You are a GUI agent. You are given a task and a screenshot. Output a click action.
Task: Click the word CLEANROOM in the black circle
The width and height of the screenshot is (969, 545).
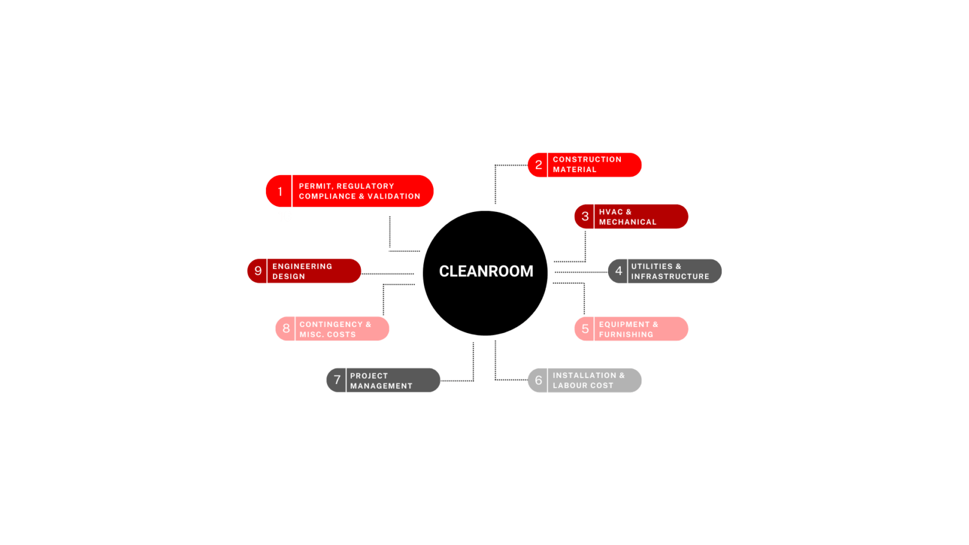coord(486,271)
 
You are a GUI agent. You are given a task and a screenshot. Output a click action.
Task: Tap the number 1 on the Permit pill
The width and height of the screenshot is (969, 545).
coord(280,191)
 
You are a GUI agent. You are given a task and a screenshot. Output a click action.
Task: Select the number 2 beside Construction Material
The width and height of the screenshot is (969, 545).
coord(538,165)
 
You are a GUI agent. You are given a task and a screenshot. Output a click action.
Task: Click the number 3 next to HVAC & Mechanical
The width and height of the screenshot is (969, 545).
coord(585,216)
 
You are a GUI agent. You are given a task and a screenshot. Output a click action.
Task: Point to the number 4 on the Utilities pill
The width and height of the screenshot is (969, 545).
coord(618,271)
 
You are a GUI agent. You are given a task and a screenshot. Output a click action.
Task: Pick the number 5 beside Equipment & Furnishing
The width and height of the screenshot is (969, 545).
coord(585,329)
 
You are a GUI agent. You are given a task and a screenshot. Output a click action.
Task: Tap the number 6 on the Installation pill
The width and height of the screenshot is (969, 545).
coord(538,380)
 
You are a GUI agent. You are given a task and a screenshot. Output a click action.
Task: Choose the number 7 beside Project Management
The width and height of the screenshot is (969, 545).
coord(337,380)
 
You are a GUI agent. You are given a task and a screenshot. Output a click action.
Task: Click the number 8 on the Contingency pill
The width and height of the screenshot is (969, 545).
coord(286,329)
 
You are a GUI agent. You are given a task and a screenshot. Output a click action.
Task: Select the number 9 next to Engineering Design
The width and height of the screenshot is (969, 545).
coord(258,271)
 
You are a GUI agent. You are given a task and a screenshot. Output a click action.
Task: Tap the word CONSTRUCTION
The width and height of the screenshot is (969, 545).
coord(587,159)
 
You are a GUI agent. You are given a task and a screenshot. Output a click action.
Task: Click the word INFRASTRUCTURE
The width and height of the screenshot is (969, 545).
coord(670,276)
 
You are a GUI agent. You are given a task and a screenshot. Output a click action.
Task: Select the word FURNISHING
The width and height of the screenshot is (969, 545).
coord(626,334)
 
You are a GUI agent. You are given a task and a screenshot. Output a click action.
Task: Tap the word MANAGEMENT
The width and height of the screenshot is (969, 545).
coord(381,386)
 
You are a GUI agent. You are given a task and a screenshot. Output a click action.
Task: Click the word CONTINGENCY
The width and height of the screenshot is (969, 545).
coord(331,325)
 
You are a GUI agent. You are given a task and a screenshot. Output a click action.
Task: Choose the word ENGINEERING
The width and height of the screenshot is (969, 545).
coord(302,266)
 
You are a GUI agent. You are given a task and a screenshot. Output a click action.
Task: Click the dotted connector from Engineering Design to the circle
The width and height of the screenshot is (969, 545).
coord(388,274)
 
